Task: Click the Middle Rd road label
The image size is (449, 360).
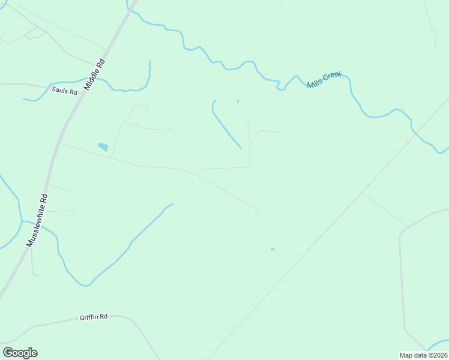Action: (95, 74)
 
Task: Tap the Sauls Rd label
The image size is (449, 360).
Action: (65, 92)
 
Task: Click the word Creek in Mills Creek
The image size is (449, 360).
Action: (332, 76)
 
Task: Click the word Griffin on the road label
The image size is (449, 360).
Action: (88, 317)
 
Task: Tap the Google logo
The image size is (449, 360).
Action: (20, 353)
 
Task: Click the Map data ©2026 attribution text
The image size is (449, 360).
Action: (424, 355)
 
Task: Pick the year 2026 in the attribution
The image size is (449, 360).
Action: (439, 355)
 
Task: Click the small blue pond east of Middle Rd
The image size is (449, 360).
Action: (103, 146)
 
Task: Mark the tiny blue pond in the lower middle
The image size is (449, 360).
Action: (273, 249)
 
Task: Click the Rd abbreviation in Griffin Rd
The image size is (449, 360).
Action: (103, 316)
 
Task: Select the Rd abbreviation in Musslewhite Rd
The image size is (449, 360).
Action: (44, 198)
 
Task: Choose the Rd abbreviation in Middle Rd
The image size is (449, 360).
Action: (101, 62)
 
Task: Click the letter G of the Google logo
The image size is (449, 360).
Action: (8, 353)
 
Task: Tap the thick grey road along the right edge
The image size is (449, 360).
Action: (401, 276)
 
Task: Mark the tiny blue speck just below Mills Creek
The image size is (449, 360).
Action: (238, 101)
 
